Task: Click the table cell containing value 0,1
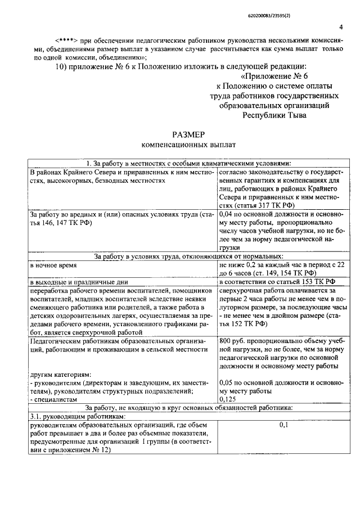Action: tap(283, 425)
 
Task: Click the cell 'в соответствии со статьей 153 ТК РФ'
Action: tap(277, 281)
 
